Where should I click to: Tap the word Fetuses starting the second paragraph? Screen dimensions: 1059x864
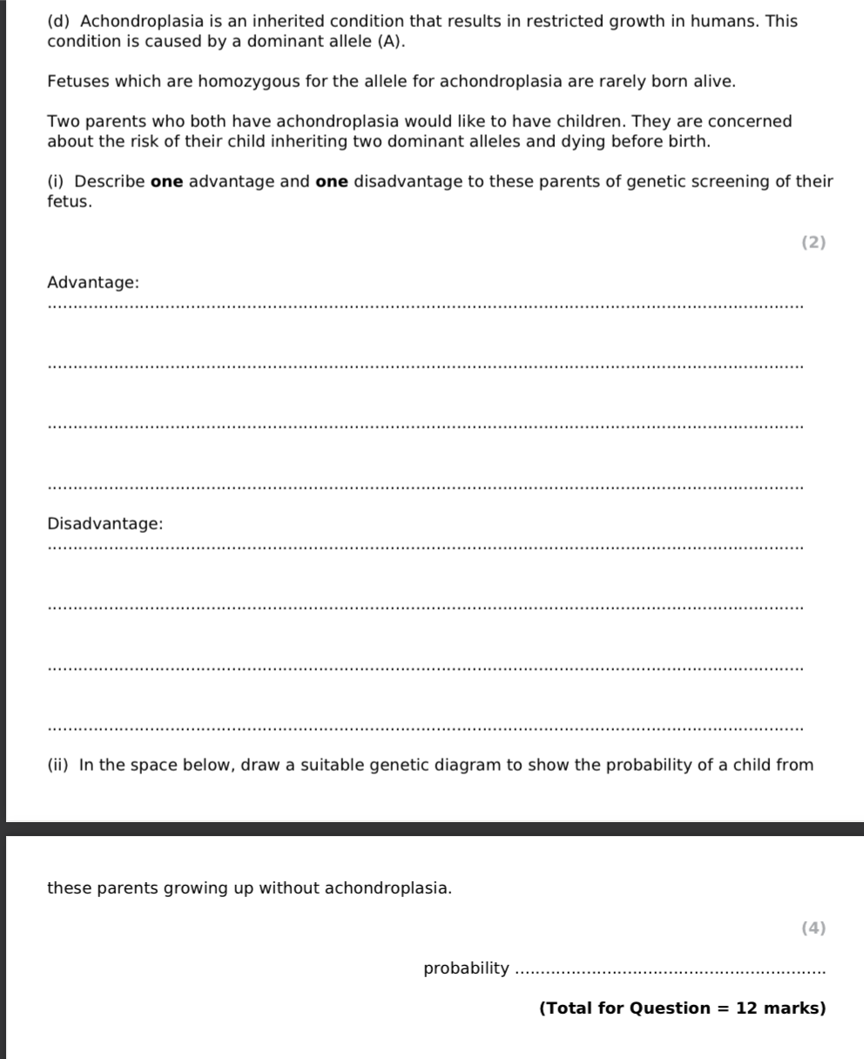(77, 82)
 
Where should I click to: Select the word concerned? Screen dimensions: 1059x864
(753, 121)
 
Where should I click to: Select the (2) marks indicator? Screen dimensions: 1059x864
(813, 242)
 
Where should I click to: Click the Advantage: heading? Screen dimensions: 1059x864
(92, 283)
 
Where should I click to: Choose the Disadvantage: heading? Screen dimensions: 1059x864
(105, 524)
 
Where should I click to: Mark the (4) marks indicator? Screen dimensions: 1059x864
(813, 927)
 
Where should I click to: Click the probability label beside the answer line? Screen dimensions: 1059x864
(466, 968)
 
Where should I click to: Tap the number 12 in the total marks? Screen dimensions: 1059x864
(747, 1008)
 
